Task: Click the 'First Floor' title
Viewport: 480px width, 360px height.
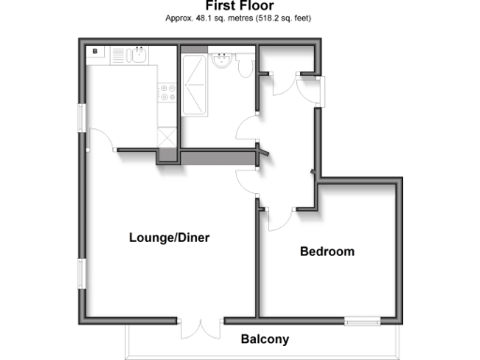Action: [239, 7]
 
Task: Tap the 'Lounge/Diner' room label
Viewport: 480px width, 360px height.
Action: [169, 238]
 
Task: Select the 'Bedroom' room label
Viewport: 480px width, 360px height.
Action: [326, 252]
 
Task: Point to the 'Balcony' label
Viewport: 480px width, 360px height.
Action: [264, 339]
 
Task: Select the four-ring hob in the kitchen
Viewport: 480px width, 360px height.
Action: [168, 94]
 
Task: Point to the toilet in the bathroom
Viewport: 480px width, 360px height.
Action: [242, 66]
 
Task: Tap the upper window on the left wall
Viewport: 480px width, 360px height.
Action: [82, 118]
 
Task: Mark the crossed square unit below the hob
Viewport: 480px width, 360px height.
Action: [167, 136]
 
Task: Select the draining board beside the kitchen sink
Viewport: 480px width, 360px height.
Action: [119, 55]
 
